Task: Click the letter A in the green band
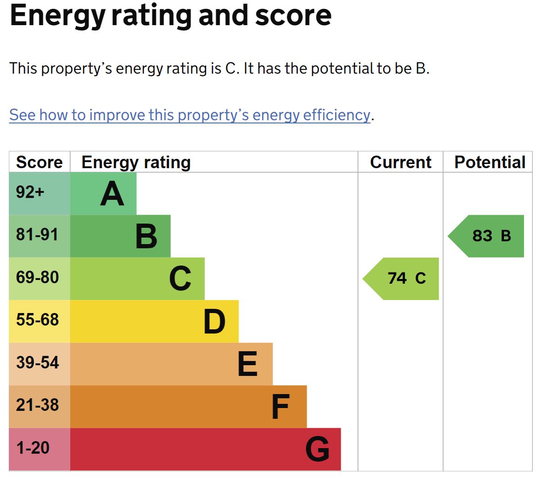pos(112,194)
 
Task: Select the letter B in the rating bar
pos(146,237)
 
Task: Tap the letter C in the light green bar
pos(180,279)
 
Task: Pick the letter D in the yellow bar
pos(215,321)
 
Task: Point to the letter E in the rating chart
pos(248,364)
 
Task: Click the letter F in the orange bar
pos(281,407)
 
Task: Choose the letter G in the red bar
pos(317,450)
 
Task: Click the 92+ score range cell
pos(30,192)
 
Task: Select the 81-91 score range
pos(37,234)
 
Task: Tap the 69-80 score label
pos(37,278)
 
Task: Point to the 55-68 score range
pos(37,320)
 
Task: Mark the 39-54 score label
pos(37,362)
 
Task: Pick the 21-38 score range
pos(37,405)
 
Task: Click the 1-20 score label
pos(33,448)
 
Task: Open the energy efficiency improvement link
pos(189,115)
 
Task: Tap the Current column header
pos(401,162)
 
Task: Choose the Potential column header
pos(490,162)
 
